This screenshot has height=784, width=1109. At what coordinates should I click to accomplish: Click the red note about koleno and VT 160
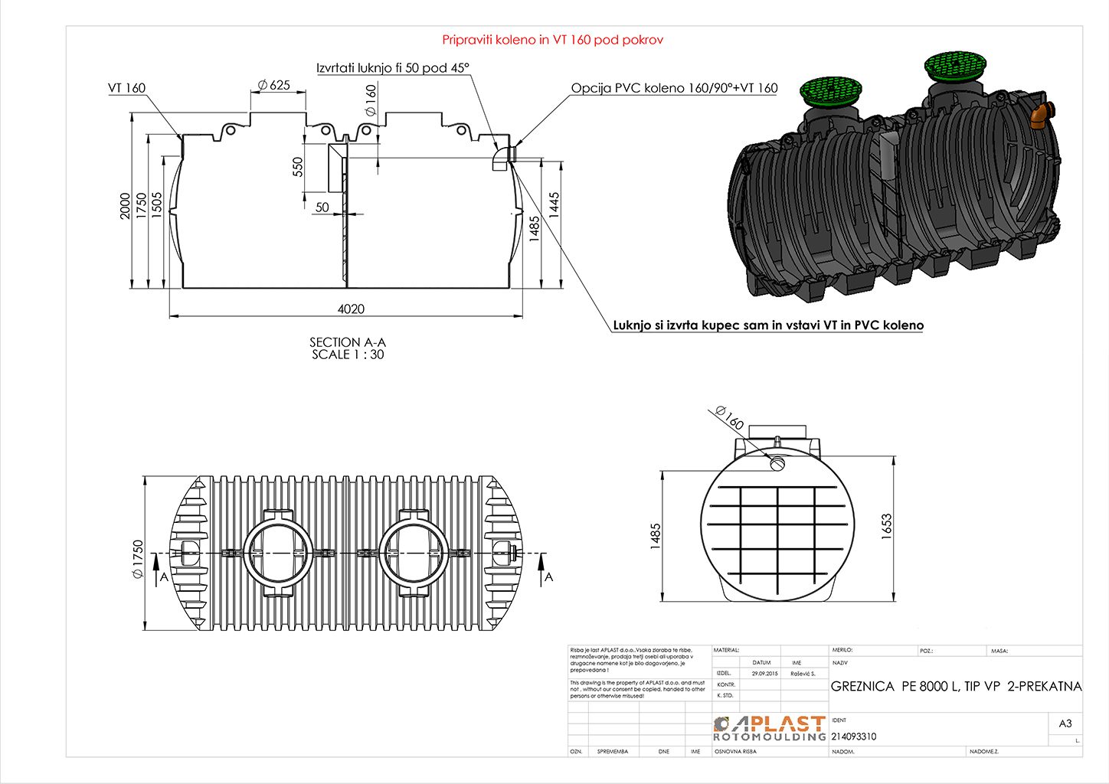[x=552, y=40]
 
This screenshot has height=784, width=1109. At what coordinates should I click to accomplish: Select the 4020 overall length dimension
[x=351, y=309]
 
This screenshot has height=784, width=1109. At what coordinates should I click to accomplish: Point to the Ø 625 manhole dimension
[x=274, y=85]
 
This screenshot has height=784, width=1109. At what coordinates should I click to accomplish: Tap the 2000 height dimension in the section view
[x=125, y=206]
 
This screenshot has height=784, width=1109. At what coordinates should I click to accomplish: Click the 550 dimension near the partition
[x=298, y=167]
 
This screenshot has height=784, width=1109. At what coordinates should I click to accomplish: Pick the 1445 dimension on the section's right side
[x=554, y=204]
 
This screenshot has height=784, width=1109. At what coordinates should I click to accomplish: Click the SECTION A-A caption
[x=348, y=342]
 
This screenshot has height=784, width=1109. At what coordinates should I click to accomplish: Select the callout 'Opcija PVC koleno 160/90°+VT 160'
[x=674, y=88]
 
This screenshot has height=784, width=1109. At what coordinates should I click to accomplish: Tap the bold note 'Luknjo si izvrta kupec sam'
[x=768, y=325]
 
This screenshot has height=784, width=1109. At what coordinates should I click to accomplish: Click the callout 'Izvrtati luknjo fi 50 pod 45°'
[x=392, y=68]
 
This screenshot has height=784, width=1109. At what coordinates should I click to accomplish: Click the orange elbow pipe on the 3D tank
[x=1040, y=115]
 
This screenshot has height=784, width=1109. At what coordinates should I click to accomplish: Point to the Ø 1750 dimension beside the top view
[x=138, y=559]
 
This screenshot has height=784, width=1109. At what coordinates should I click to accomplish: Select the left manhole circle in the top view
[x=278, y=552]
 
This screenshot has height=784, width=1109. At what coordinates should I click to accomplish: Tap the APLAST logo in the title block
[x=770, y=728]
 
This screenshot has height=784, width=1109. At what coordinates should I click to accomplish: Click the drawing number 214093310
[x=853, y=737]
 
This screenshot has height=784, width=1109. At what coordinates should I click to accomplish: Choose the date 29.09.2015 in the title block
[x=764, y=674]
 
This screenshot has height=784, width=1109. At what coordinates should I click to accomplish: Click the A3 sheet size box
[x=1065, y=724]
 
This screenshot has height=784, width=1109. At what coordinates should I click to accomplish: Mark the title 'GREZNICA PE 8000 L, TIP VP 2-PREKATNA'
[x=956, y=686]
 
